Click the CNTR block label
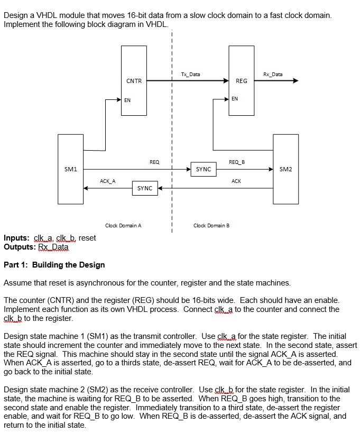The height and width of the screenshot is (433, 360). (134, 81)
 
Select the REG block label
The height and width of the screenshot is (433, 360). (241, 81)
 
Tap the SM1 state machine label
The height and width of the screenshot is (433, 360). (70, 169)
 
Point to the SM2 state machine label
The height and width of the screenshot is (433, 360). (285, 169)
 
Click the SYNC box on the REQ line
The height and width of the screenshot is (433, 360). (204, 169)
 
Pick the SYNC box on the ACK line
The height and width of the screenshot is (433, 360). (145, 188)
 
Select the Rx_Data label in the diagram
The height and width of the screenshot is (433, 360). (273, 75)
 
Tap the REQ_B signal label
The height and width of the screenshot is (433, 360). (236, 161)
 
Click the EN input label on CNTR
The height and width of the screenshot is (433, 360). (127, 99)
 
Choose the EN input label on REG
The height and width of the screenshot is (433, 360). (235, 99)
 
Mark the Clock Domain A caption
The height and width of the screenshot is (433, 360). (123, 226)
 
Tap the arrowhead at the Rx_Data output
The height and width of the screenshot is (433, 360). (295, 81)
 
